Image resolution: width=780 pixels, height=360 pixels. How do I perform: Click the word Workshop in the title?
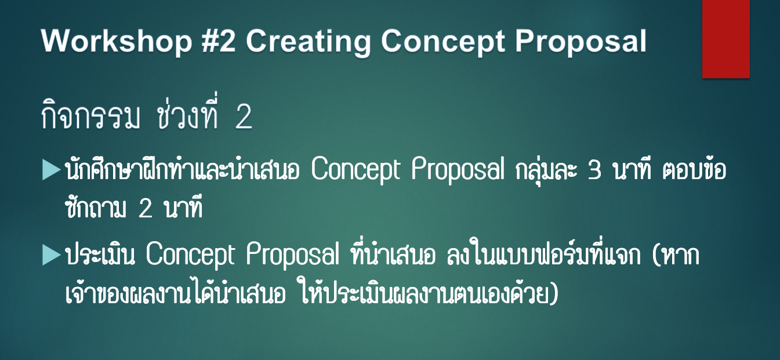[117, 41]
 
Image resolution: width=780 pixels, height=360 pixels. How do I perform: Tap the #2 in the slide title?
[218, 41]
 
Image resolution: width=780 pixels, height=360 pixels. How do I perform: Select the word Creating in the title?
[308, 42]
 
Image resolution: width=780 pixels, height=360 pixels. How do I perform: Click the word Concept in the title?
[442, 42]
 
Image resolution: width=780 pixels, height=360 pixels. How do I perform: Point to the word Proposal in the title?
[581, 42]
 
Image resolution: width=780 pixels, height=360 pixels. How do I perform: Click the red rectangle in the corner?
[725, 39]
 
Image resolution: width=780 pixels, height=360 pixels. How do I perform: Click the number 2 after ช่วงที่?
[244, 117]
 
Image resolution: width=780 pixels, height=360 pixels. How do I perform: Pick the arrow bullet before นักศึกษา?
[52, 170]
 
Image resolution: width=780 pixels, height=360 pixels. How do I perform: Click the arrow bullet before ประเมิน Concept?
[52, 255]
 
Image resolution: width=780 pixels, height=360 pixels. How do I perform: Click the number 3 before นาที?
[595, 170]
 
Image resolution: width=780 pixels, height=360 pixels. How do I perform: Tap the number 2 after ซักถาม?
[145, 208]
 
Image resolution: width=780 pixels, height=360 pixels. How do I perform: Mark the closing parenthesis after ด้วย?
[554, 293]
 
